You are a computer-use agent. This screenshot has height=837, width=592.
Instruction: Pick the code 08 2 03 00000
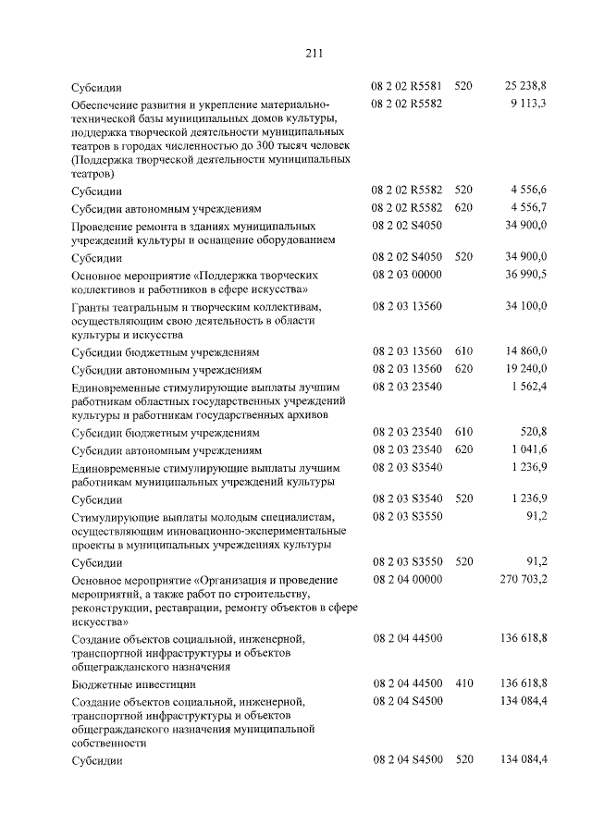[407, 275]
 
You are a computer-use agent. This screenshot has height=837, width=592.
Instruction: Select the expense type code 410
[463, 683]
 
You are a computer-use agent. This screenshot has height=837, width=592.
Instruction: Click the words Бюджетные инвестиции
[133, 684]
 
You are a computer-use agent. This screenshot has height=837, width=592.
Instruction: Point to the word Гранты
[92, 305]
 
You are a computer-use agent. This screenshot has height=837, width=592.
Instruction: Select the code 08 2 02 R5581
[407, 87]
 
